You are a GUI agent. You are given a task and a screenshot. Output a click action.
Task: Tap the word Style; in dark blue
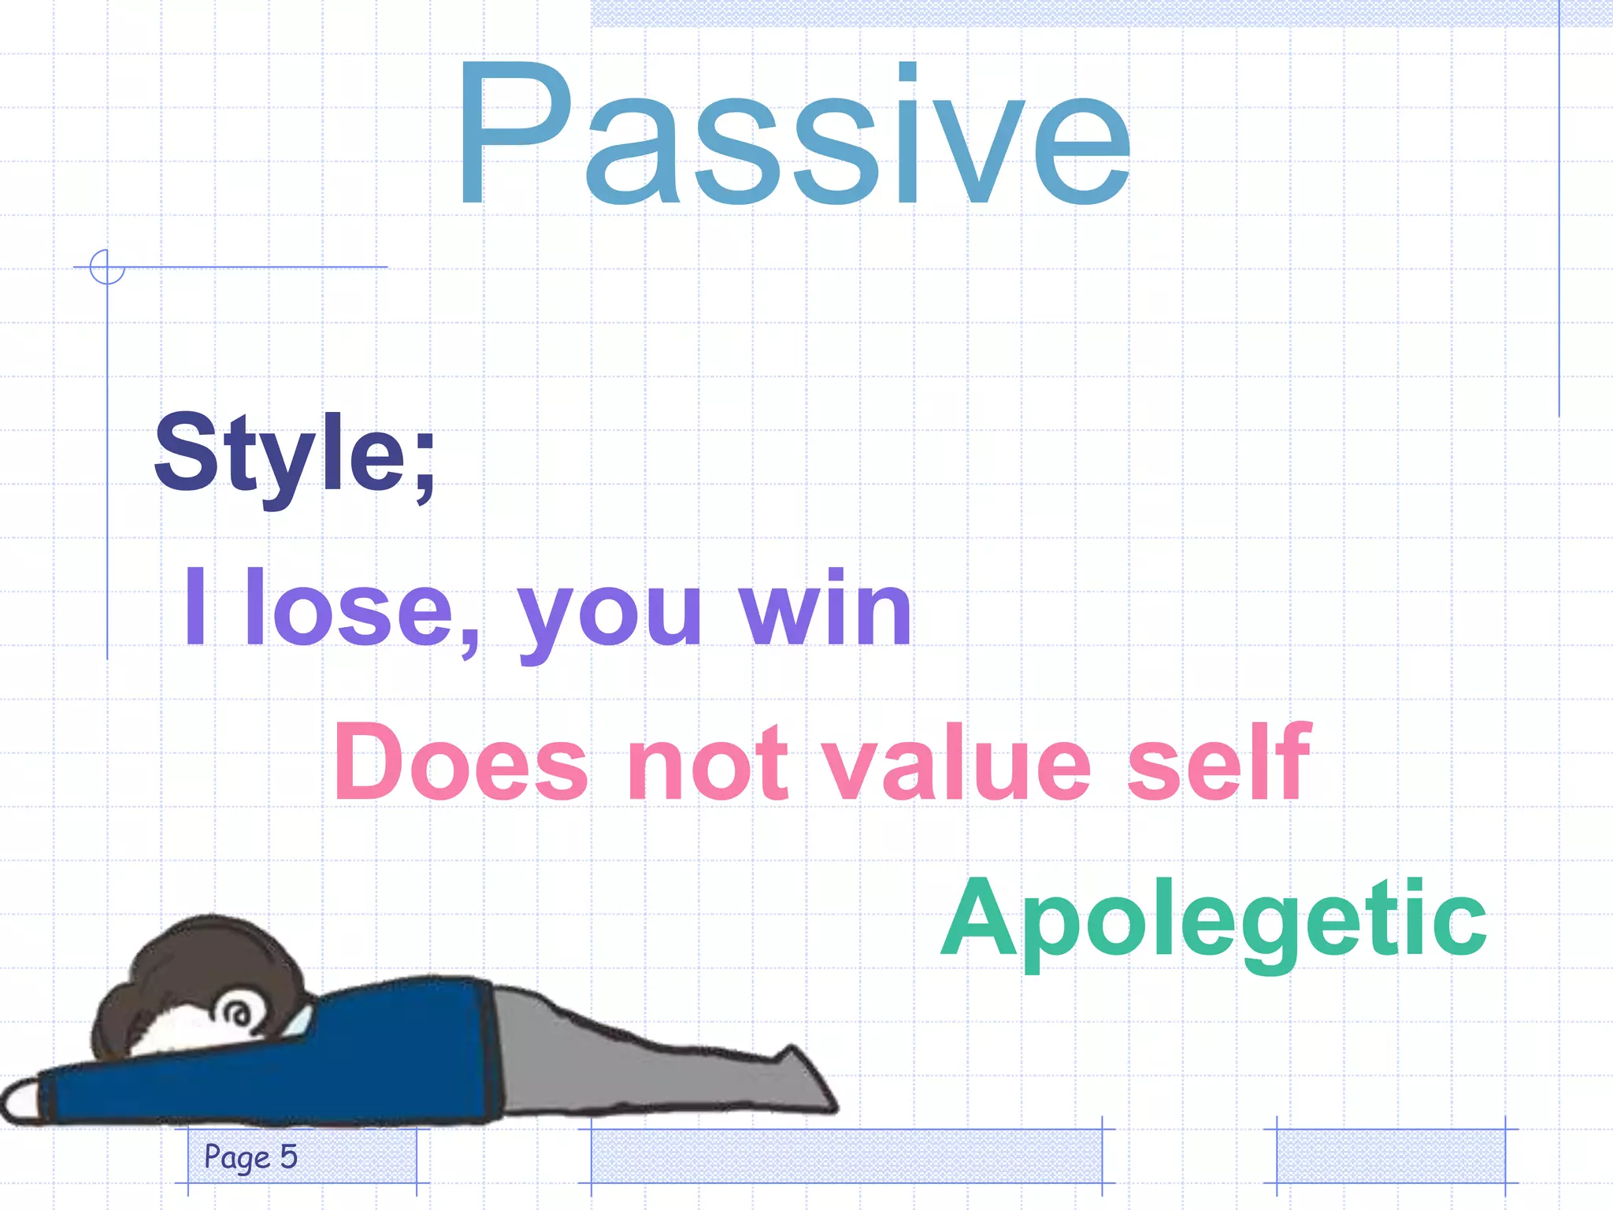point(295,455)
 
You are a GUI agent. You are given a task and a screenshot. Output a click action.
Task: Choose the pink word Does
point(461,763)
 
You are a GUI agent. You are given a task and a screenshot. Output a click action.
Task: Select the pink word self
point(1218,761)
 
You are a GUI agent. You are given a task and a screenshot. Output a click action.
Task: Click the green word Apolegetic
point(1214,919)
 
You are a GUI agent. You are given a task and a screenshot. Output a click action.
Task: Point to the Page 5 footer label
point(250,1156)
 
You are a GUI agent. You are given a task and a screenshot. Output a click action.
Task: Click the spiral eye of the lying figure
point(235,1011)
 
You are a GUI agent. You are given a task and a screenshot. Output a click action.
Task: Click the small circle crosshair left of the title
point(107,267)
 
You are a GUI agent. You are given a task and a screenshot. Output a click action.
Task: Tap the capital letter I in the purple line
point(195,607)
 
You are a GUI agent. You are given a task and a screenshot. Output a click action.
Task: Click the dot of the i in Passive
point(907,72)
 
